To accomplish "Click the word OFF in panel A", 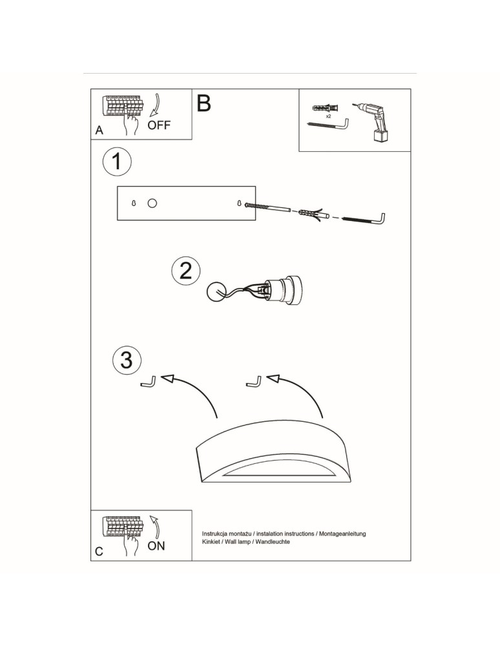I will click(x=159, y=125).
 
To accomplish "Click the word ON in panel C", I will click(x=156, y=546).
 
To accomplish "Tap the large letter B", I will click(x=203, y=103).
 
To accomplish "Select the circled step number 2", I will click(x=186, y=271).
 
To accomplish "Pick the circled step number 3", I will click(x=127, y=359).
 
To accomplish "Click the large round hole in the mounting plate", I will click(x=152, y=203).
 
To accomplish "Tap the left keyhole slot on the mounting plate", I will click(x=134, y=203).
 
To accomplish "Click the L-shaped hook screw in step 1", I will click(x=364, y=220).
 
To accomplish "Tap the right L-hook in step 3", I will click(x=254, y=382).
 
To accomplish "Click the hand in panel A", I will click(x=134, y=125).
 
